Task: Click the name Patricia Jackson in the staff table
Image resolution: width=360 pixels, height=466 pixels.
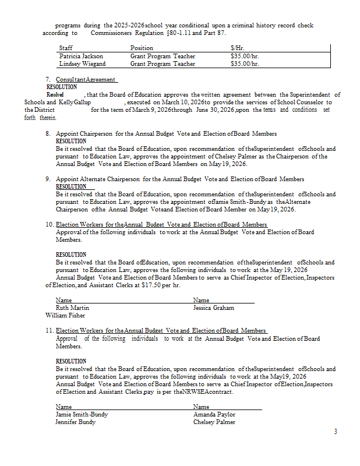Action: pyautogui.click(x=81, y=57)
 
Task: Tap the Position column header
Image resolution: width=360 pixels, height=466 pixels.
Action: pyautogui.click(x=142, y=48)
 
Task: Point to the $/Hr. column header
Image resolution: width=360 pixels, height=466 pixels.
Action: pyautogui.click(x=237, y=48)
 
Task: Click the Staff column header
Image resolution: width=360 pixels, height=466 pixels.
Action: pyautogui.click(x=66, y=48)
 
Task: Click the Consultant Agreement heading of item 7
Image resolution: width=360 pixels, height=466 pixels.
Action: pyautogui.click(x=86, y=79)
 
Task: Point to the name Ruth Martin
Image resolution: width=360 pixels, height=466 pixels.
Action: pyautogui.click(x=72, y=308)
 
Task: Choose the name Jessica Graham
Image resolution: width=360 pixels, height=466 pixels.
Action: pyautogui.click(x=214, y=308)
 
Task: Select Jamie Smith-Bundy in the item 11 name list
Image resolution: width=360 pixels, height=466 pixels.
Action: pyautogui.click(x=82, y=415)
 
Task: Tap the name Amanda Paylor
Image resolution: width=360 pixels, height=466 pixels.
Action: pyautogui.click(x=214, y=415)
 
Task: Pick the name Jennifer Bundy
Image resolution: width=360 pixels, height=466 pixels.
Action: pyautogui.click(x=76, y=422)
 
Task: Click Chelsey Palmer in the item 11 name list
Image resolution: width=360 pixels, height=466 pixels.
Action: pyautogui.click(x=214, y=422)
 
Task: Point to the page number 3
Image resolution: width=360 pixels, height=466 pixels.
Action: pyautogui.click(x=336, y=432)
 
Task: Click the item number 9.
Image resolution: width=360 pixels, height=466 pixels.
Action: pyautogui.click(x=48, y=179)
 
